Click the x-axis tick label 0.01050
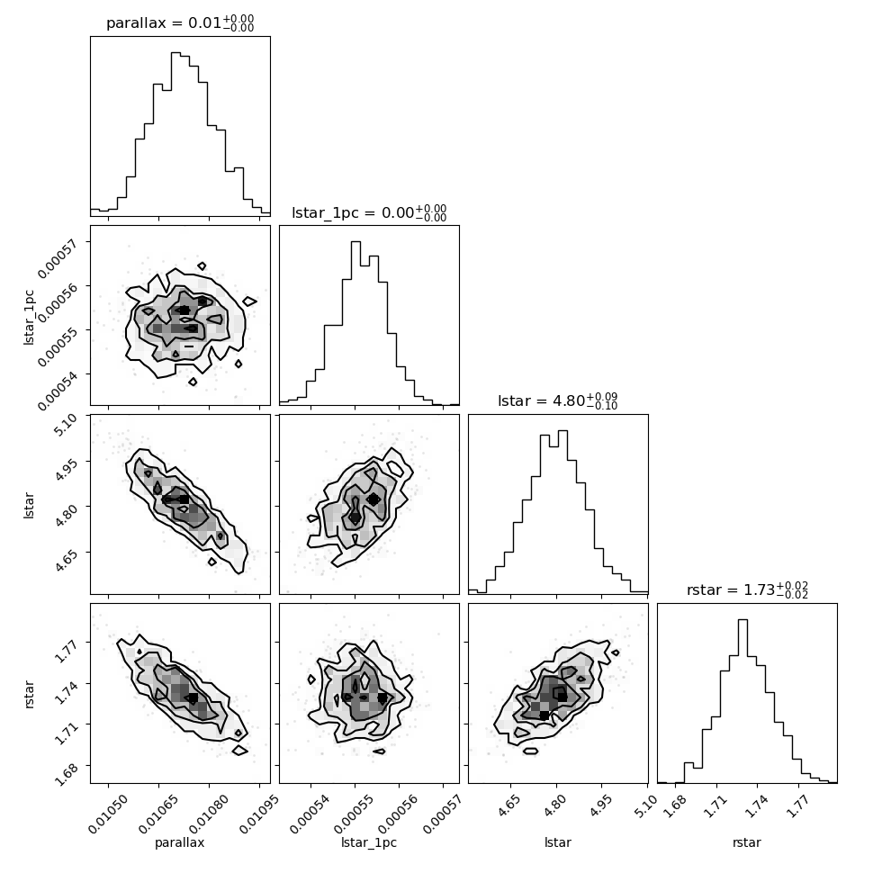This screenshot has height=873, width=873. coord(109,814)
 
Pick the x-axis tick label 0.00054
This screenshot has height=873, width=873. coord(311,814)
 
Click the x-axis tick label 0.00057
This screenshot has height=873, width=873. coord(444,814)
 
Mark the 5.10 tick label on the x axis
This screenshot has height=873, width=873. coord(646,806)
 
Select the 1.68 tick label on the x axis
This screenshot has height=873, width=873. coord(674,806)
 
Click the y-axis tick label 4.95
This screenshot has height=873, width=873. coord(65,468)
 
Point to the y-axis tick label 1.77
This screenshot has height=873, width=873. coord(65,649)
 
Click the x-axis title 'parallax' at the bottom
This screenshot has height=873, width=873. coord(180,843)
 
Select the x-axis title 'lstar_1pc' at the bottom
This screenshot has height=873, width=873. coord(369,843)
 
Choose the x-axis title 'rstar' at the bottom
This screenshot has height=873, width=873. coord(747,842)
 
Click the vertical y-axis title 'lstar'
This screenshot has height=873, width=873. coord(29,506)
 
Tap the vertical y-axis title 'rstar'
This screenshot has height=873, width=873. coord(29,694)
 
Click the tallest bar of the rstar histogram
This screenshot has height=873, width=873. coord(742,701)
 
